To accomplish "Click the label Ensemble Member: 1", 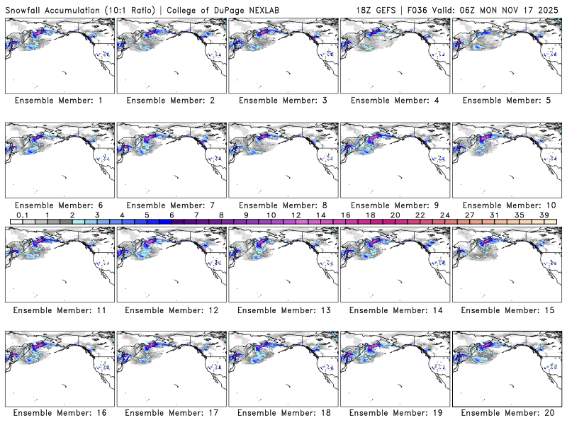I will [58, 101].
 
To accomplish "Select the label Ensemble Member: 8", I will [282, 205].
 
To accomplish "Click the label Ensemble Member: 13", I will [282, 310].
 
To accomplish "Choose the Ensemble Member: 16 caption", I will [58, 412].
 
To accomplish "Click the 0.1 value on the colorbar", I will [22, 215].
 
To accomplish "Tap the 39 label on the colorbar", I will [544, 215].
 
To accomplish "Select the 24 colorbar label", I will [444, 215].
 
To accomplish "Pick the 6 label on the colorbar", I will [172, 215].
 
